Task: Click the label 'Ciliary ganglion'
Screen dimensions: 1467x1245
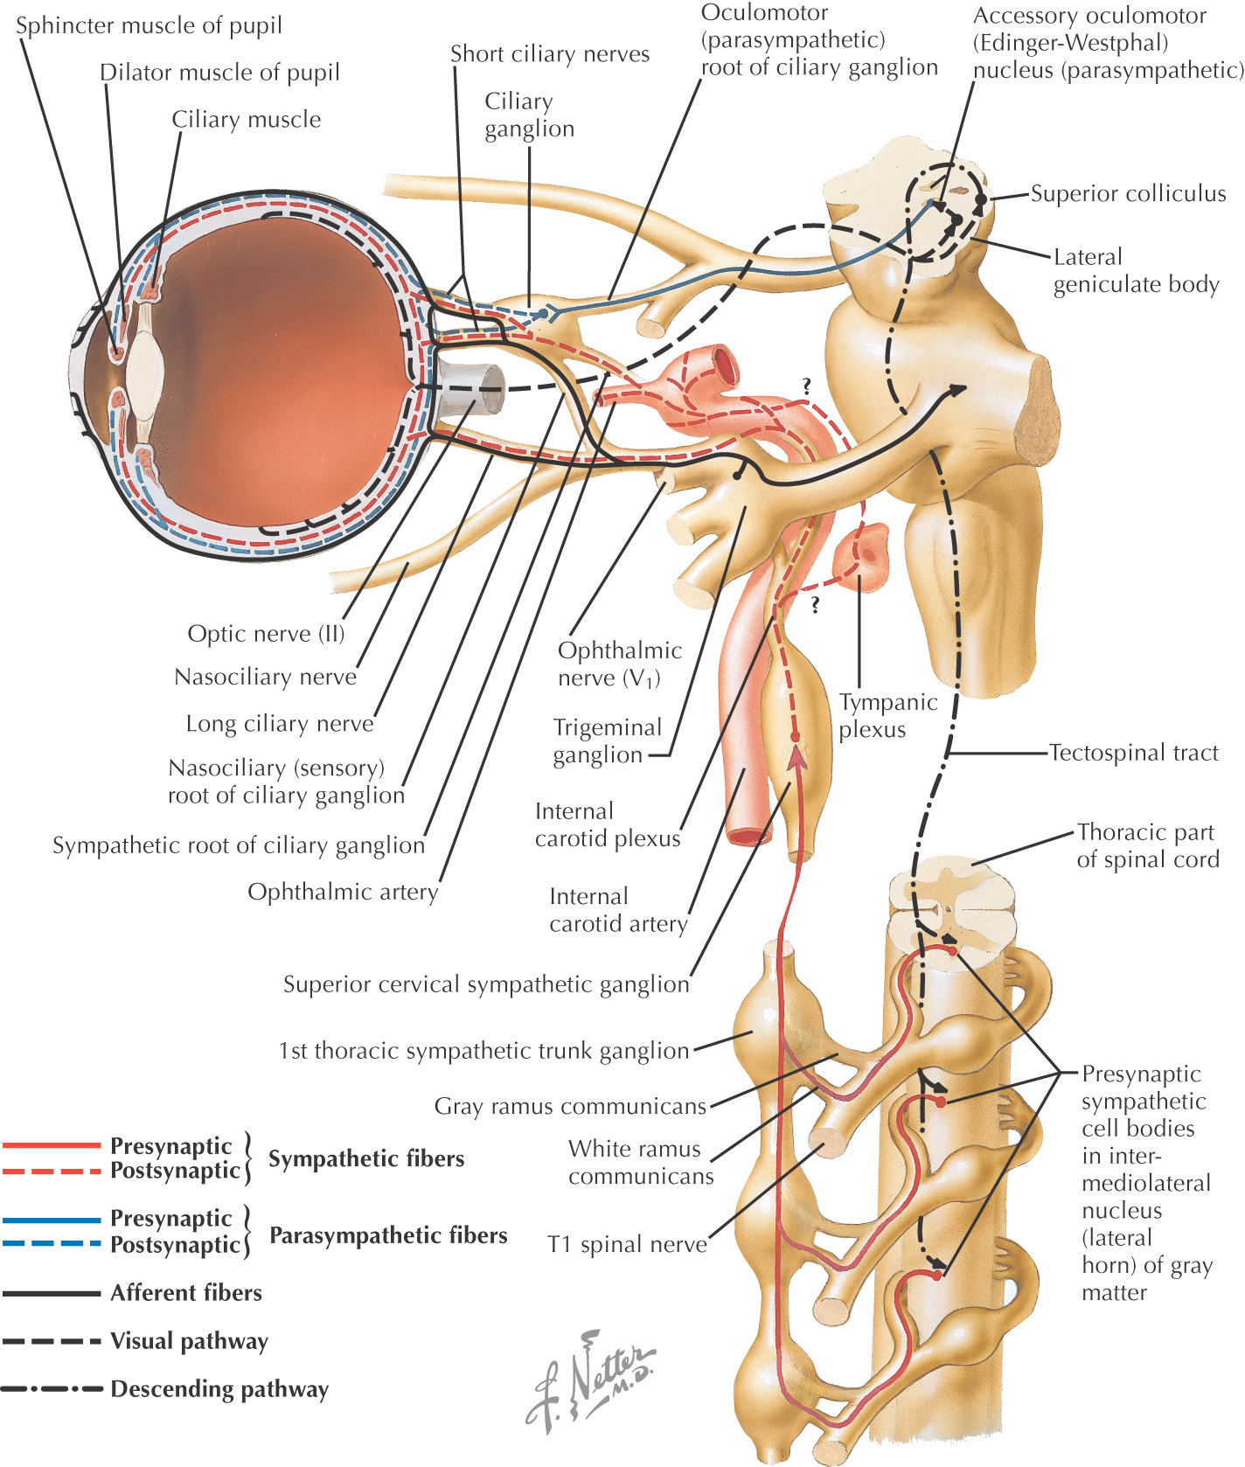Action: pos(528,115)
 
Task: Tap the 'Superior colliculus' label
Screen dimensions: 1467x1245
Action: pos(1128,193)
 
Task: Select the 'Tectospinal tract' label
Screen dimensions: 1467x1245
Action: pos(1133,753)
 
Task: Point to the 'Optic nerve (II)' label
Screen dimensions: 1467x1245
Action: pos(266,633)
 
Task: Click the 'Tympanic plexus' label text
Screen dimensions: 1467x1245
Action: pos(887,715)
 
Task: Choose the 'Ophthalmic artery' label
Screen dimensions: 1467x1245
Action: pos(342,892)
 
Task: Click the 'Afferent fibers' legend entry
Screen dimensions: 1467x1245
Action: pos(185,1293)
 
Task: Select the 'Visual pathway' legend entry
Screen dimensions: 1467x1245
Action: pos(189,1341)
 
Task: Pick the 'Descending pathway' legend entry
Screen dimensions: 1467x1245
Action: pos(219,1389)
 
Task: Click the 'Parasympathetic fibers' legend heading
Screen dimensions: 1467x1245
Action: pos(387,1235)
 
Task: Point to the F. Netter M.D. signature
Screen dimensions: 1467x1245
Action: pos(590,1381)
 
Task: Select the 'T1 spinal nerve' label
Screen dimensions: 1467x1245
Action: pos(627,1244)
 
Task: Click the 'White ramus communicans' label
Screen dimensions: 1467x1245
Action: pos(640,1162)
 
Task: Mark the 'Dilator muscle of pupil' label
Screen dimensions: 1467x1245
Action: pos(219,73)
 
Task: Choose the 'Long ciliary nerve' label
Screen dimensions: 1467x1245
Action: pos(279,724)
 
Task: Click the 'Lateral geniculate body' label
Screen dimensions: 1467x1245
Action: pos(1135,270)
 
